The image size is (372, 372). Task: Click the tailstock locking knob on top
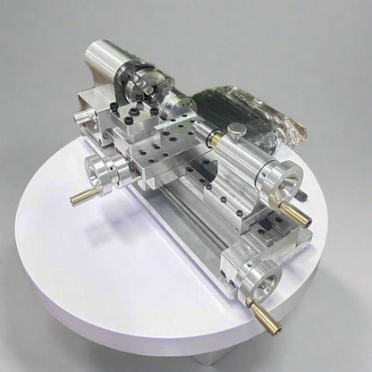coord(236,131)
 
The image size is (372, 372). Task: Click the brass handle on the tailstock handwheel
coord(296,215)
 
